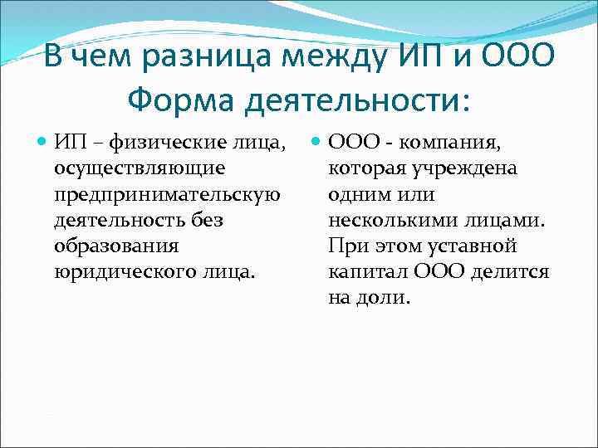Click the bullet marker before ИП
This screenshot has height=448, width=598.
click(x=42, y=142)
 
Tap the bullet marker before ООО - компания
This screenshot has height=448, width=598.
click(x=316, y=142)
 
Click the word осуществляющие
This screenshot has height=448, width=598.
click(x=138, y=168)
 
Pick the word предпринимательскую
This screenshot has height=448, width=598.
click(x=166, y=194)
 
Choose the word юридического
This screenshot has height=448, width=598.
click(x=115, y=272)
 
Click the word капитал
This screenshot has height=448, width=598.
click(x=362, y=272)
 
